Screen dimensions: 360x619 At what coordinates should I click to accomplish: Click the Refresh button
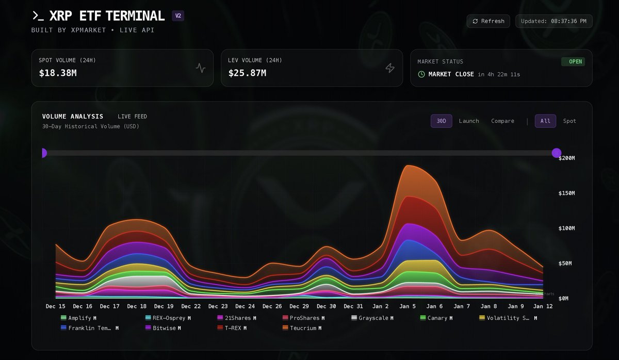tap(488, 21)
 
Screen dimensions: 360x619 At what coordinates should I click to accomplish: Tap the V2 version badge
tap(178, 15)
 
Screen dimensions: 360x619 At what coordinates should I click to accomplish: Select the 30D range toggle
tap(441, 121)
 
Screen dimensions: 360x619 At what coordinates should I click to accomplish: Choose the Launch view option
tap(468, 121)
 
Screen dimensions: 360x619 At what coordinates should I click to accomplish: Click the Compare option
tap(502, 121)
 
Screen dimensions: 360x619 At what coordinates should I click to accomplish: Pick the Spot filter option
tap(569, 121)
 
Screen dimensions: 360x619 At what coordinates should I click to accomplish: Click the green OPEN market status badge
tap(575, 61)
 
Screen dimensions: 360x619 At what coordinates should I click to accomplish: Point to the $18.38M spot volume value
tap(58, 73)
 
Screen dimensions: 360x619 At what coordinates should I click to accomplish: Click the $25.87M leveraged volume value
tap(247, 73)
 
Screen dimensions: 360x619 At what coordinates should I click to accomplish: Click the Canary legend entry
tap(437, 318)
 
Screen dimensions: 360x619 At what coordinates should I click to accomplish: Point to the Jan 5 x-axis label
tap(408, 306)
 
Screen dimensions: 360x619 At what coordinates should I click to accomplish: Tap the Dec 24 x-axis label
tap(245, 306)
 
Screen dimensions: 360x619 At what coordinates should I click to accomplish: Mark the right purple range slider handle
tap(557, 153)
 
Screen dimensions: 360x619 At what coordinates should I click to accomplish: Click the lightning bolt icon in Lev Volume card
tap(390, 68)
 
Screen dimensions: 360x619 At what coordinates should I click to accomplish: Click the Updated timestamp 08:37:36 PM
tap(554, 21)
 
